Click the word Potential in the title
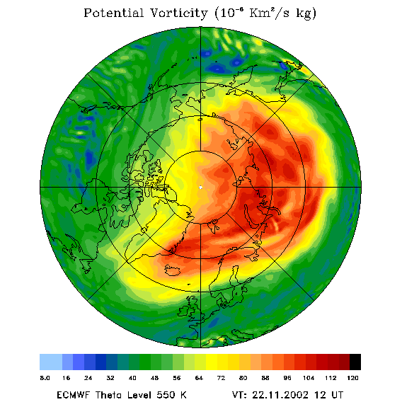pos(113,13)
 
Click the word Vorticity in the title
pos(178,13)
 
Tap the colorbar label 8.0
pos(45,378)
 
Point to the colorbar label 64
pos(199,378)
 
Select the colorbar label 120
pos(352,378)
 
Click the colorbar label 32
pos(110,378)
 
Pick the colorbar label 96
pos(287,378)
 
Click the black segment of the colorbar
pos(355,362)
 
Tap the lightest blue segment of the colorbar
pos(51,362)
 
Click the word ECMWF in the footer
pos(74,394)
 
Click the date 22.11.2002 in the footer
pos(280,394)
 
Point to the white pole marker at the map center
pos(200,188)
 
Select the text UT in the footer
pos(337,394)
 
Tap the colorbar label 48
pos(154,378)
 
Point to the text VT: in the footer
pos(239,394)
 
